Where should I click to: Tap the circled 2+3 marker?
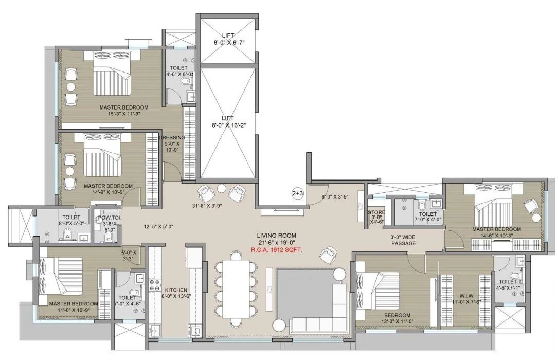tap(298, 194)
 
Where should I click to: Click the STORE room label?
tap(376, 211)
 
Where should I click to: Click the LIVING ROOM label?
tap(276, 236)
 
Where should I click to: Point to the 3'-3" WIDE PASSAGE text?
tap(404, 240)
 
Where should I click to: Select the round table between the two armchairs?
tap(222, 188)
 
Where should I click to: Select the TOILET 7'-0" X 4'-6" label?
tap(127, 301)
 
